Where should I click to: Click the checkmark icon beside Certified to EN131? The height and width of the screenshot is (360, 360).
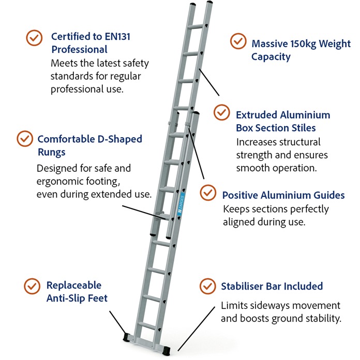[x=34, y=37]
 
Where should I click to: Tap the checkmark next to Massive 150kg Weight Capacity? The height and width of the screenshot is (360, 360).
[x=238, y=42]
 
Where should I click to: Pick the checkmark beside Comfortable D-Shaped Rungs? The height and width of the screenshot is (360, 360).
[x=24, y=139]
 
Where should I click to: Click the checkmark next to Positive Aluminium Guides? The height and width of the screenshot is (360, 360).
[x=208, y=192]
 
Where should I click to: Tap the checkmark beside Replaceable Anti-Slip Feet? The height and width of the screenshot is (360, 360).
[x=33, y=285]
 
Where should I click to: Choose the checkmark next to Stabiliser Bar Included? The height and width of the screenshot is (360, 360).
[x=207, y=285]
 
